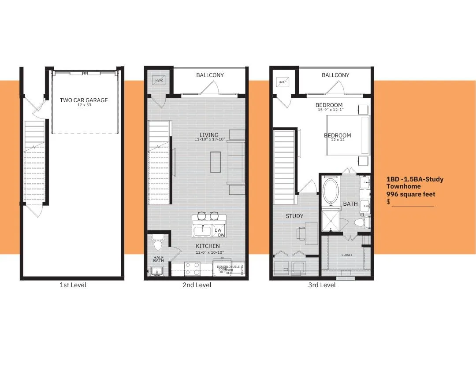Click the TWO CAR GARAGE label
click(x=84, y=100)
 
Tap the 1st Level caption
click(x=73, y=285)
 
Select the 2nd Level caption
click(x=197, y=285)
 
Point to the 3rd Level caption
click(x=322, y=285)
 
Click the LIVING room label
click(x=209, y=135)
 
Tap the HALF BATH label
click(x=158, y=259)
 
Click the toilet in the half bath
click(x=158, y=243)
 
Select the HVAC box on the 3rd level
click(x=283, y=82)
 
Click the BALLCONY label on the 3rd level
click(x=335, y=75)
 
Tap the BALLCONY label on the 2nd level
click(x=210, y=75)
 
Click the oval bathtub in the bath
click(x=331, y=190)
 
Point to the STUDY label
click(x=294, y=216)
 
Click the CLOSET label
click(x=347, y=255)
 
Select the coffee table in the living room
click(x=216, y=162)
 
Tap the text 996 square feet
click(x=411, y=194)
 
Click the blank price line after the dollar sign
click(x=413, y=203)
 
